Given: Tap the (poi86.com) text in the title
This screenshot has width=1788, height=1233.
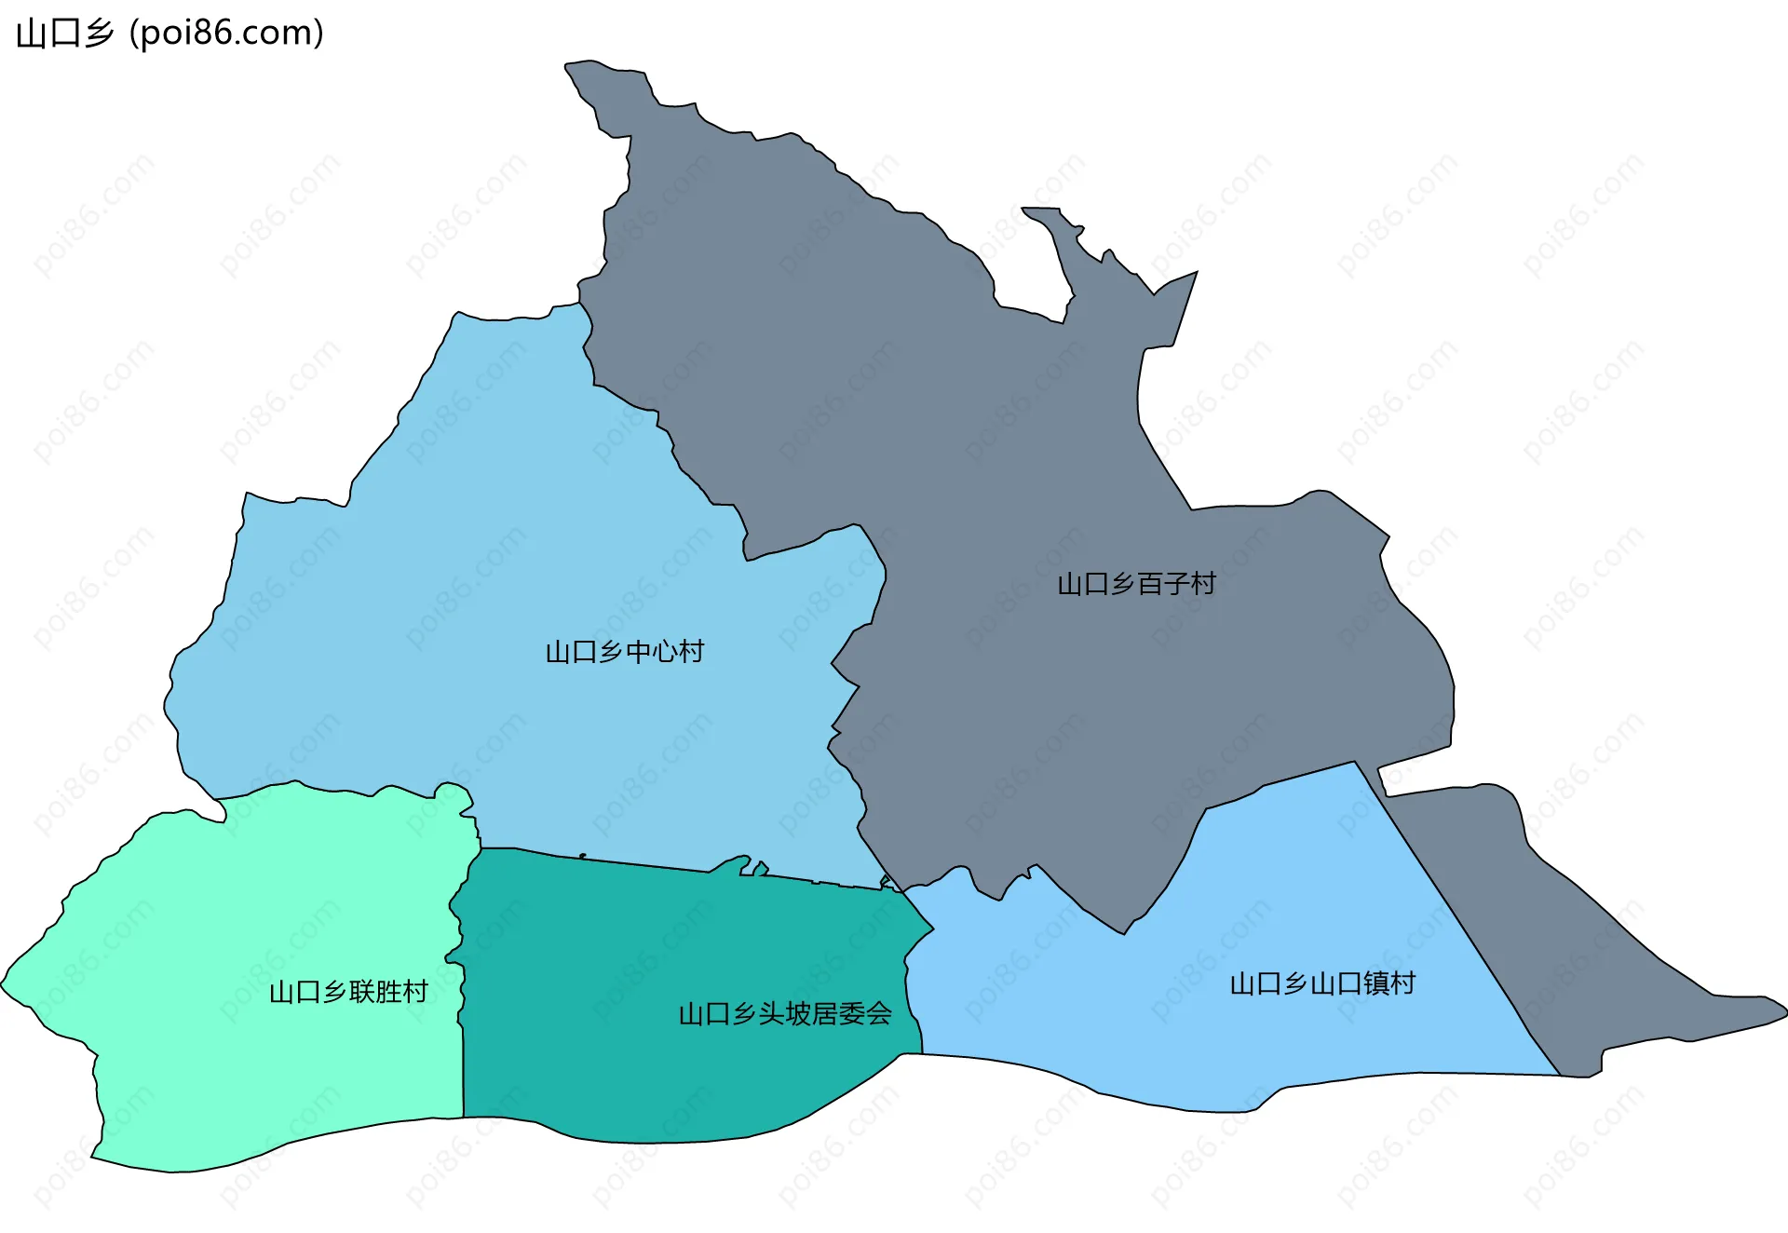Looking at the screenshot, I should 226,34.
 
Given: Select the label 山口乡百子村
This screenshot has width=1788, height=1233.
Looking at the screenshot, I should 1136,584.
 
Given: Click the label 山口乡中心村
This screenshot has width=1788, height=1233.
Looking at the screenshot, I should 624,652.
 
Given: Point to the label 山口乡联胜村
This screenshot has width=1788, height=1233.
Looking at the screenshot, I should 348,992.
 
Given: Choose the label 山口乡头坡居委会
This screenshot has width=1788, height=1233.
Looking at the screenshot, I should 785,1013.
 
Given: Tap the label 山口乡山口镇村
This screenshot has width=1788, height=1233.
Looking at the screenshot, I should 1322,983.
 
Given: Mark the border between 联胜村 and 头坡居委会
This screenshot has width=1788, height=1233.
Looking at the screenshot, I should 462,1024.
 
